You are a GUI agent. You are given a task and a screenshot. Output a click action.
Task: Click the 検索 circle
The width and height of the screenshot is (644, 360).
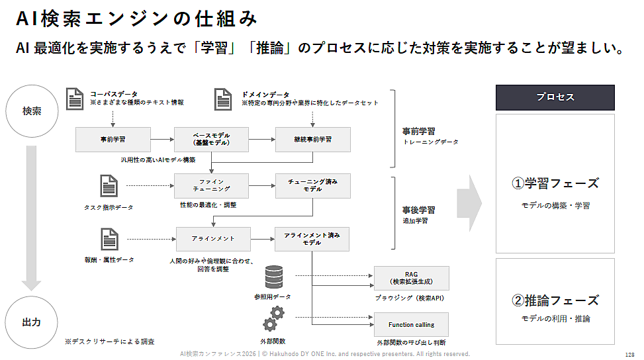tap(32, 111)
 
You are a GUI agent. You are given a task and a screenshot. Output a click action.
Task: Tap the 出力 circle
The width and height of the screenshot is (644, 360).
tap(32, 322)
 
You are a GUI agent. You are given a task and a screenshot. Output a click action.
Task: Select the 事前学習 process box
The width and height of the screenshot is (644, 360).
tap(113, 140)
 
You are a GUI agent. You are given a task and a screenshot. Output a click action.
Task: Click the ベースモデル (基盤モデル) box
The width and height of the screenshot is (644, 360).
tap(211, 140)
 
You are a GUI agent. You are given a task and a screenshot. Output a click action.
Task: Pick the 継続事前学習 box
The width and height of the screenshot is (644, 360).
tap(313, 140)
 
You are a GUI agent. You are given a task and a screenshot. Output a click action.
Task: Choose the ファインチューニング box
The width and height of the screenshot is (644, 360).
tap(211, 185)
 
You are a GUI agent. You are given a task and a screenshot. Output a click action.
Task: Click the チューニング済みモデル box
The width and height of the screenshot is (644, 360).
tap(313, 185)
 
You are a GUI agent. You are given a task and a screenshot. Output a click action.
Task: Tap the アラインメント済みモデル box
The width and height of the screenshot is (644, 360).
tap(312, 238)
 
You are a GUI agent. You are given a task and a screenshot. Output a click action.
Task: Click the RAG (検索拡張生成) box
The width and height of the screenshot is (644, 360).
tap(411, 279)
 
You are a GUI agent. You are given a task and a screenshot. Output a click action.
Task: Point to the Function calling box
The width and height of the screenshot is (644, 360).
tap(411, 325)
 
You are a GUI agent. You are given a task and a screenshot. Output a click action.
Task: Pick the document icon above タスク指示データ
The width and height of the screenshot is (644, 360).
tap(109, 186)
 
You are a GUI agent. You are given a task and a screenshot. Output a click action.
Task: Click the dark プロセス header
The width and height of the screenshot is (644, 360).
tap(555, 97)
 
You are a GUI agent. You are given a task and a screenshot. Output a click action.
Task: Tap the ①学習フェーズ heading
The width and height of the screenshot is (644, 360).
tap(555, 183)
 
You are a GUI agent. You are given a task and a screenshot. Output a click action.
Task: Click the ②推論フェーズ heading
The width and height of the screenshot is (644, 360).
tap(555, 300)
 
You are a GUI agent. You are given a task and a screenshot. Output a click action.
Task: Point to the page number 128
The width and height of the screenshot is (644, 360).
tap(629, 355)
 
